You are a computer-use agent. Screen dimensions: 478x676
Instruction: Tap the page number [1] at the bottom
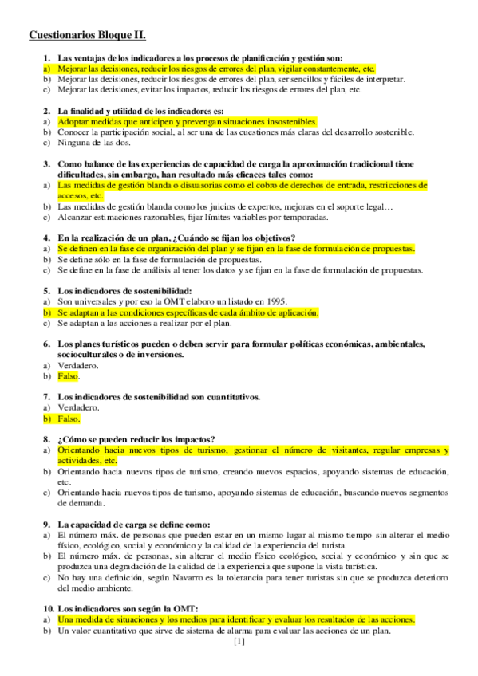click(239, 641)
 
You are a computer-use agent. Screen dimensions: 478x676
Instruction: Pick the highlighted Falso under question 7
click(69, 418)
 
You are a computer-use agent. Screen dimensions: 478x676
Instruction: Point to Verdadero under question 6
click(78, 365)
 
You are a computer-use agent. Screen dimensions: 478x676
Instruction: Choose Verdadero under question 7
click(78, 407)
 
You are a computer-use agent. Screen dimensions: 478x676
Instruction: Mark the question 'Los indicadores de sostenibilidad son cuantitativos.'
click(160, 396)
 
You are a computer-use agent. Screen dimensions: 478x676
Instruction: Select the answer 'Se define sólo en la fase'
click(160, 260)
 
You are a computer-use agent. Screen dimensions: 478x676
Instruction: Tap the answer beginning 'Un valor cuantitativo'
click(224, 631)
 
